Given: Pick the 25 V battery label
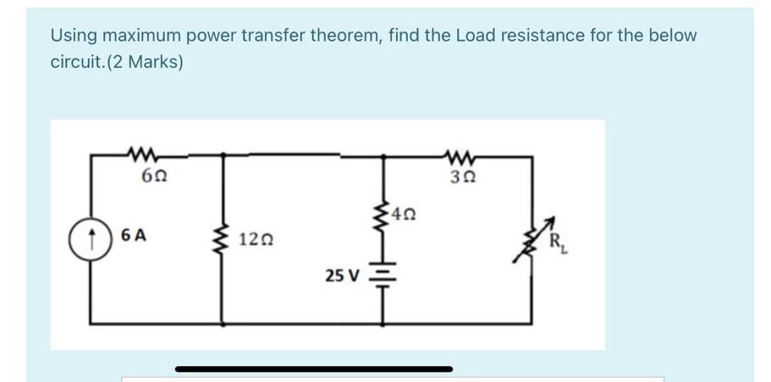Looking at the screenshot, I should click(x=342, y=275).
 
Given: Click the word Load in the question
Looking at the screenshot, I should click(x=474, y=35).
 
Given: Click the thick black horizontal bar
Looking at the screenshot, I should click(x=314, y=368).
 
